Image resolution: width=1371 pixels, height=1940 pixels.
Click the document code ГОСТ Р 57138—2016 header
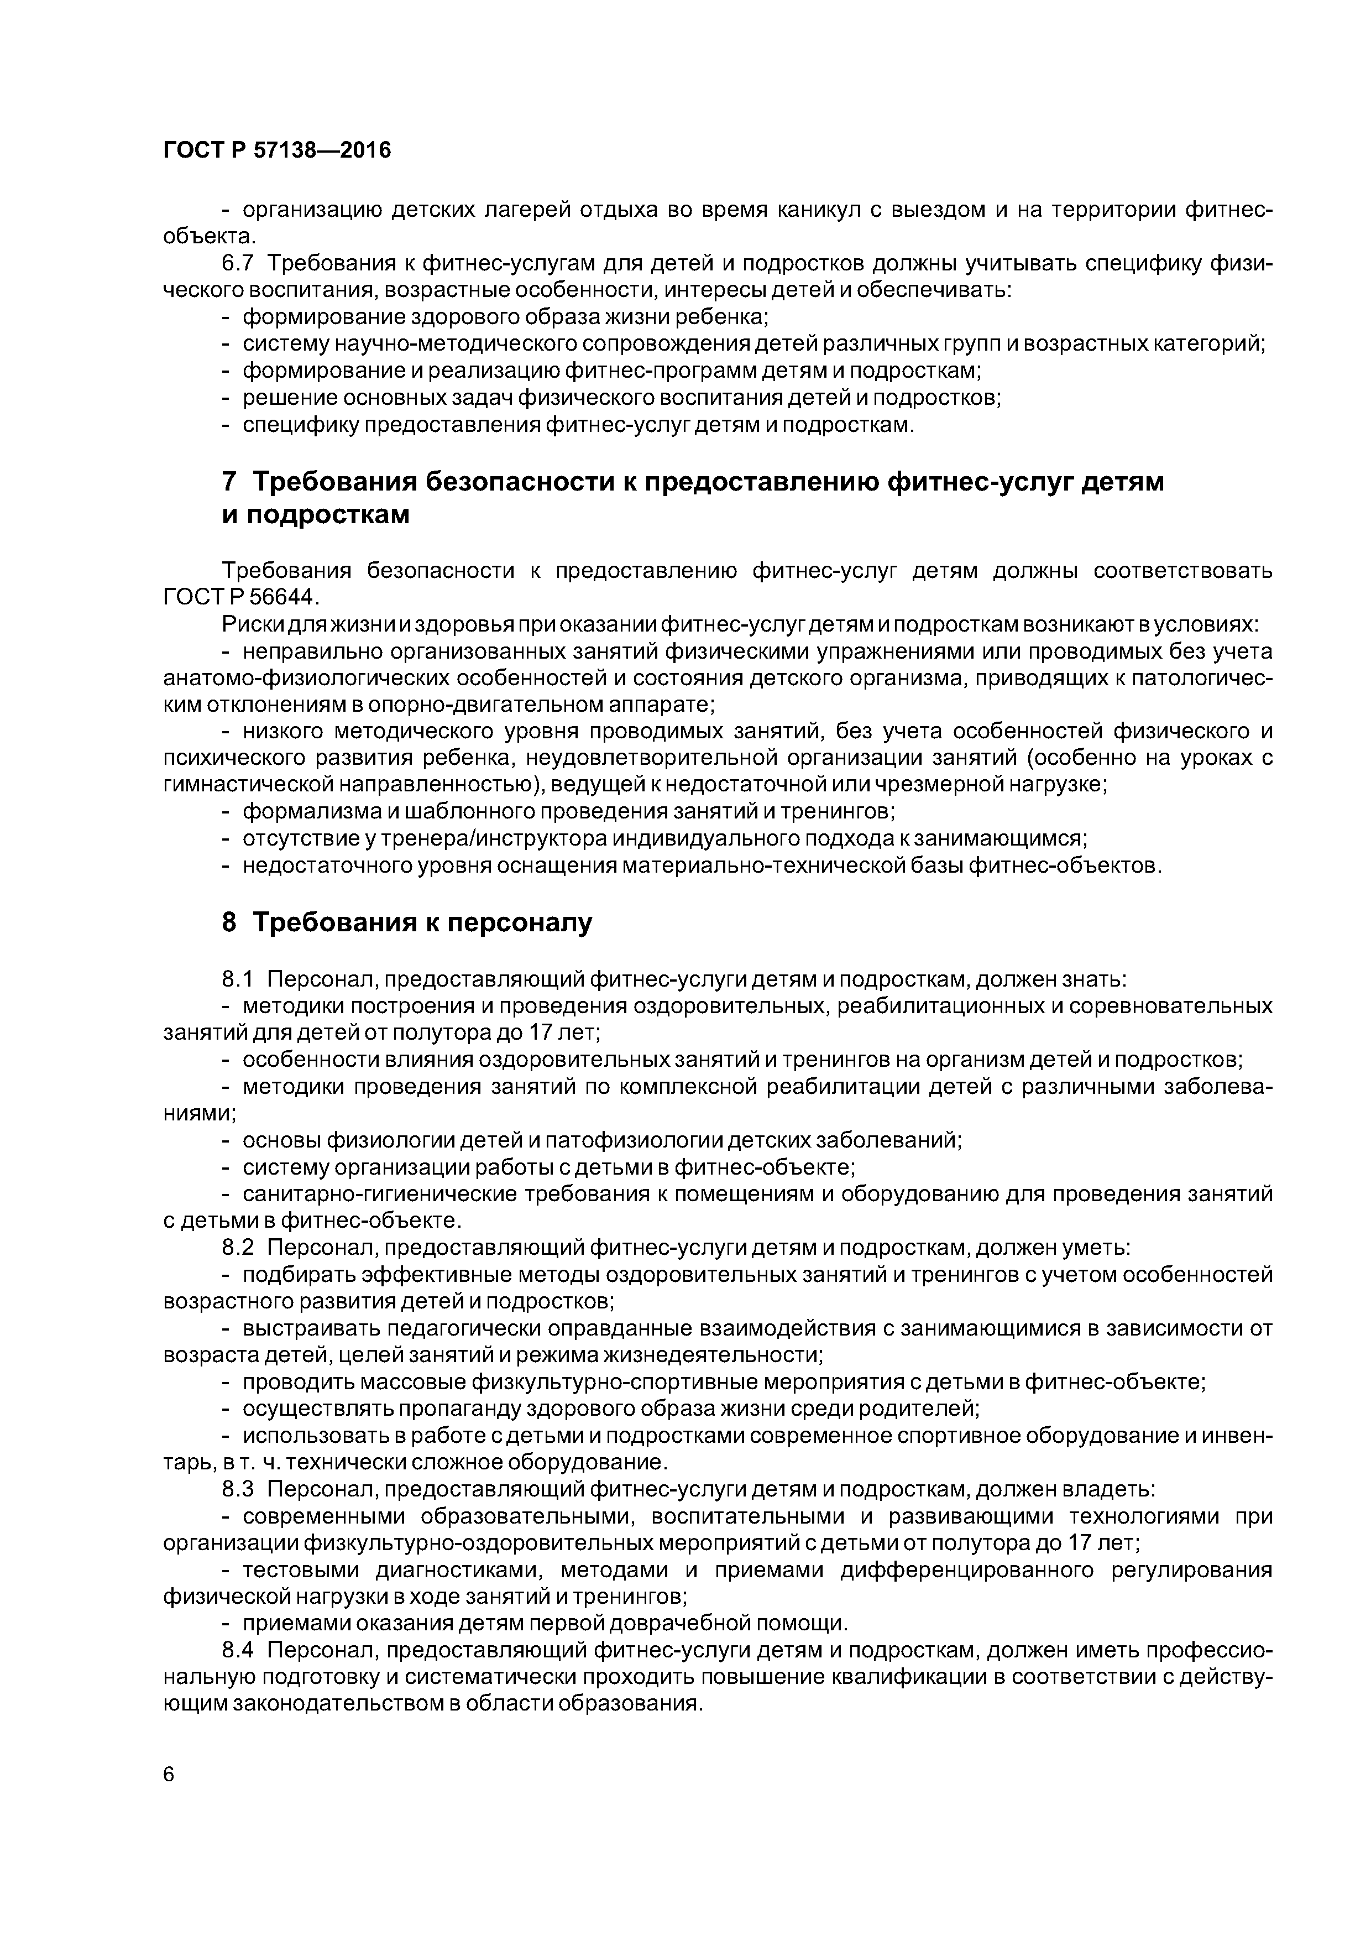point(277,150)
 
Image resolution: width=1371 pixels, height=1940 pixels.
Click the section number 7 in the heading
point(229,482)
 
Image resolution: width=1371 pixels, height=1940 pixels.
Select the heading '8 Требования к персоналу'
point(407,922)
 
